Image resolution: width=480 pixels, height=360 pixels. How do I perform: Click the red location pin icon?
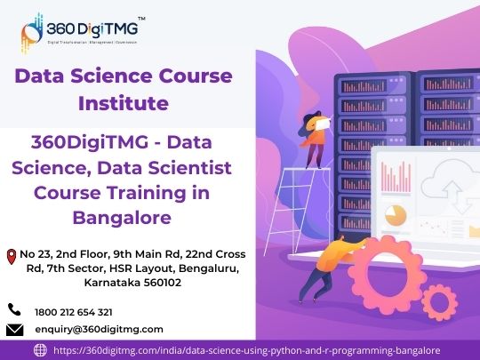pos(12,257)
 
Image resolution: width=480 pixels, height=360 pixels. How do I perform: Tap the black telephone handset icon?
pos(14,309)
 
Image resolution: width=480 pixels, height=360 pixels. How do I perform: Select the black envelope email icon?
pos(15,330)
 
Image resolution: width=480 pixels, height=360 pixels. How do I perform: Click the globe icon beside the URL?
pos(40,350)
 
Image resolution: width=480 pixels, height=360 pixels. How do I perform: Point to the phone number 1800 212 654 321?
pos(74,312)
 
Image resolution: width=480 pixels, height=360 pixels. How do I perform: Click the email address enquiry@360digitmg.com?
pos(99,330)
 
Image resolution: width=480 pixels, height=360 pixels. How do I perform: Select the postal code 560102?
pos(163,283)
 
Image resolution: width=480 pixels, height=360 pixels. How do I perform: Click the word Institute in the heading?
pos(124,103)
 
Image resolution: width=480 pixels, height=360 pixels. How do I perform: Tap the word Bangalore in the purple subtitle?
pos(122,218)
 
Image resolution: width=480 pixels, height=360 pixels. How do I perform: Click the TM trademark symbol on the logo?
pos(141,19)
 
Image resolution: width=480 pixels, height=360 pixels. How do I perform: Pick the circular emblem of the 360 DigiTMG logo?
pos(32,33)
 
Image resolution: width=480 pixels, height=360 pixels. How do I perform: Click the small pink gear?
pos(439,302)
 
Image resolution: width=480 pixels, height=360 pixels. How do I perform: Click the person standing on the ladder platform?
pos(314,140)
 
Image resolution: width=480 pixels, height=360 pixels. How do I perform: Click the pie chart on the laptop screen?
pos(396,215)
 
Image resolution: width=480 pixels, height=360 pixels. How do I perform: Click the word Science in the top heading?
pos(112,76)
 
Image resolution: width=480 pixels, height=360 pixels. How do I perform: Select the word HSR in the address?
pos(121,268)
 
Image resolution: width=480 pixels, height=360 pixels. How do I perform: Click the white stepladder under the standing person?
pos(295,212)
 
